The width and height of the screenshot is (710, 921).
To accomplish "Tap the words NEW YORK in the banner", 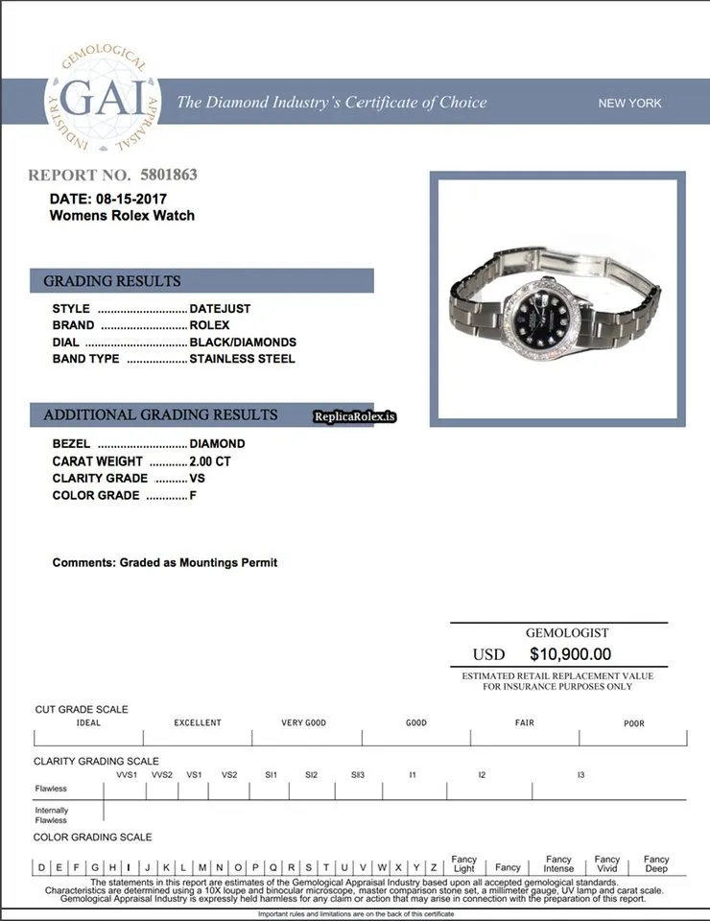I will point(629,103).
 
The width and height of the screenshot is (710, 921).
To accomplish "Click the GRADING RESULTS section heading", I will point(112,281).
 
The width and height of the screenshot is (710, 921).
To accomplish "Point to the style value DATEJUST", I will point(220,309).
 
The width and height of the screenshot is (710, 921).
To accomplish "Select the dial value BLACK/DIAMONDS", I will point(243,342).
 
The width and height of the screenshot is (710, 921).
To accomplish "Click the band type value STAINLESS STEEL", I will point(242,359).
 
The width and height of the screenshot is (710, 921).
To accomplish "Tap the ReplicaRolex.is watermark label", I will point(355,416).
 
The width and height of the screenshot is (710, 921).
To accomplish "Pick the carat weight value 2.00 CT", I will point(210,461).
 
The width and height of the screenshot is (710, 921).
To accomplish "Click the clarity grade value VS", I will point(198,478).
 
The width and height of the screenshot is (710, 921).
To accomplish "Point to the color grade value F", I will point(193,495).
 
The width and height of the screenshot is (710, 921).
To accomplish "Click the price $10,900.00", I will point(570,654).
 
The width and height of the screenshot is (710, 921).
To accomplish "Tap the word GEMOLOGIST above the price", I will point(567,633).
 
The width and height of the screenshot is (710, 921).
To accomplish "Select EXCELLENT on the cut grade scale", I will point(198,723).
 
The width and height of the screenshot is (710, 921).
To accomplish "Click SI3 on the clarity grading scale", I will point(357,774).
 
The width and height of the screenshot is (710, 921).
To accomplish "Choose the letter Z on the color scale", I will point(434,867).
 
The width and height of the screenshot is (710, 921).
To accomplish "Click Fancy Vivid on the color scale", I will point(607,863).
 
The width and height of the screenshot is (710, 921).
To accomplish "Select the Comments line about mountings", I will point(165,562).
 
